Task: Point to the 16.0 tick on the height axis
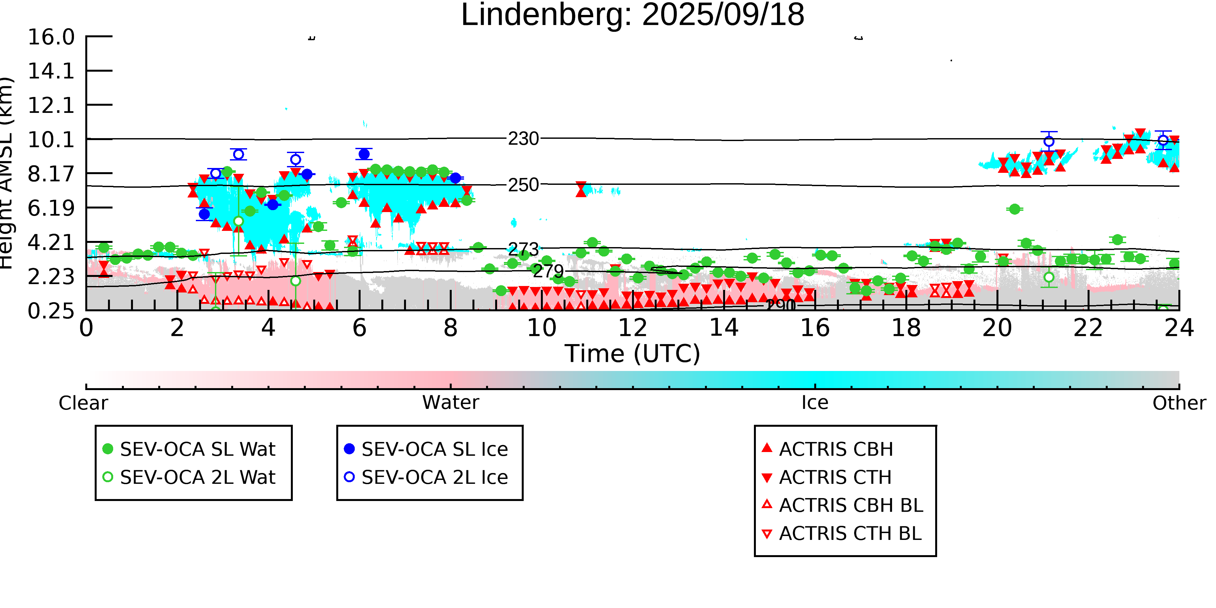tap(51, 37)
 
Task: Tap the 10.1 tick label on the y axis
tap(51, 140)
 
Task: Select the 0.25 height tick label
tap(51, 311)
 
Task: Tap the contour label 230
tap(523, 139)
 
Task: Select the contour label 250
tap(523, 185)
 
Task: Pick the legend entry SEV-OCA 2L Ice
tap(434, 477)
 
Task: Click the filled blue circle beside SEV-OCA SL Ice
tap(349, 449)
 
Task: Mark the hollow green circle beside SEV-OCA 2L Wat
tap(108, 477)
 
